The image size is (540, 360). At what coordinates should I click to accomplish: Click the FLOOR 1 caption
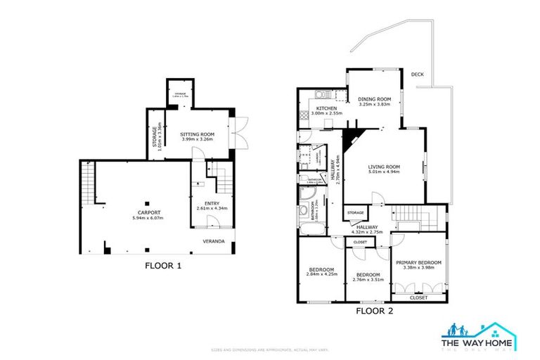[x=163, y=266]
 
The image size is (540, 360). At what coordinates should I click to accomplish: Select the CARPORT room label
[x=148, y=212]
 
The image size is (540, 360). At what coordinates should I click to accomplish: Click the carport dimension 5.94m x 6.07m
[x=148, y=218]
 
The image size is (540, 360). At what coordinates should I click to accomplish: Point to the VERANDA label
[x=214, y=241]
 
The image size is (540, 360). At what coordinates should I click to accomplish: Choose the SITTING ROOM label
[x=197, y=134]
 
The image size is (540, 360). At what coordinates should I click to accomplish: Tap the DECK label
[x=418, y=74]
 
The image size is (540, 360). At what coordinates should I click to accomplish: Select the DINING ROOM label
[x=374, y=99]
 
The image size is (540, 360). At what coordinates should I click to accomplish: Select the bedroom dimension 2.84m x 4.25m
[x=321, y=275]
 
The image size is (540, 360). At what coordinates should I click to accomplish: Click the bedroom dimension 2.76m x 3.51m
[x=368, y=280]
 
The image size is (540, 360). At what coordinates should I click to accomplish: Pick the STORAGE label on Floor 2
[x=355, y=212]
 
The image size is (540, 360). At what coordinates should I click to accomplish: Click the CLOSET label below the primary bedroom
[x=418, y=297]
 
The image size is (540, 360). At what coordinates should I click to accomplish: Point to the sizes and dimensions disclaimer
[x=269, y=349]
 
